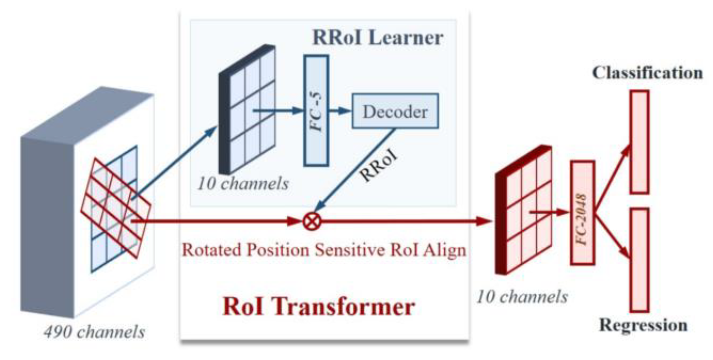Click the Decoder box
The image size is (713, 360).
tap(395, 111)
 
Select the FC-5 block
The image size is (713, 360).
tap(316, 110)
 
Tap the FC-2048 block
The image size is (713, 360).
tap(582, 213)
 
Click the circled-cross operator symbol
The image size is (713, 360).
tap(312, 221)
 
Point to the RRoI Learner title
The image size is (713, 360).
tap(377, 38)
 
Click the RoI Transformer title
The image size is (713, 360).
tap(318, 306)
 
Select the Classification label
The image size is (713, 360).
tap(647, 73)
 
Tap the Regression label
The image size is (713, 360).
tap(643, 325)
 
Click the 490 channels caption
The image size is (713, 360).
tap(94, 332)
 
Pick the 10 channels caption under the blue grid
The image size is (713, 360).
tap(243, 184)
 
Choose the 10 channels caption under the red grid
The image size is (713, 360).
tap(522, 297)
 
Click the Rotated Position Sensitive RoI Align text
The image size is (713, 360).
tap(324, 250)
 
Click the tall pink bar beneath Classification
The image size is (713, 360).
tap(640, 142)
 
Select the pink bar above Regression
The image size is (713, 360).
tap(640, 260)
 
